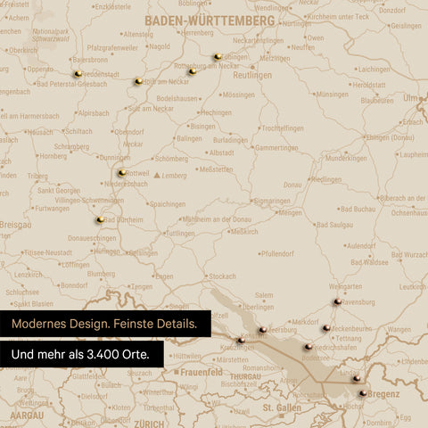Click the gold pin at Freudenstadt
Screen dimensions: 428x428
point(78,73)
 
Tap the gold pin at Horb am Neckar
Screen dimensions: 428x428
point(138,81)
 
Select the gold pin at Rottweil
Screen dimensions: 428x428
point(121,172)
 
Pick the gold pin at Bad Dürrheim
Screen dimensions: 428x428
point(100,219)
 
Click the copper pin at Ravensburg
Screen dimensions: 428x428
point(337,302)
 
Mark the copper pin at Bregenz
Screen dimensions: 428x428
point(363,392)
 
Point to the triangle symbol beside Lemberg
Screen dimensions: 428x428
point(158,176)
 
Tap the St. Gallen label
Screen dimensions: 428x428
point(282,407)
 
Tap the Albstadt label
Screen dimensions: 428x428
point(221,152)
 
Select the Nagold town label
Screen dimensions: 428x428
point(160,46)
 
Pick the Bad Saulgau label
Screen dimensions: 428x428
point(334,226)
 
